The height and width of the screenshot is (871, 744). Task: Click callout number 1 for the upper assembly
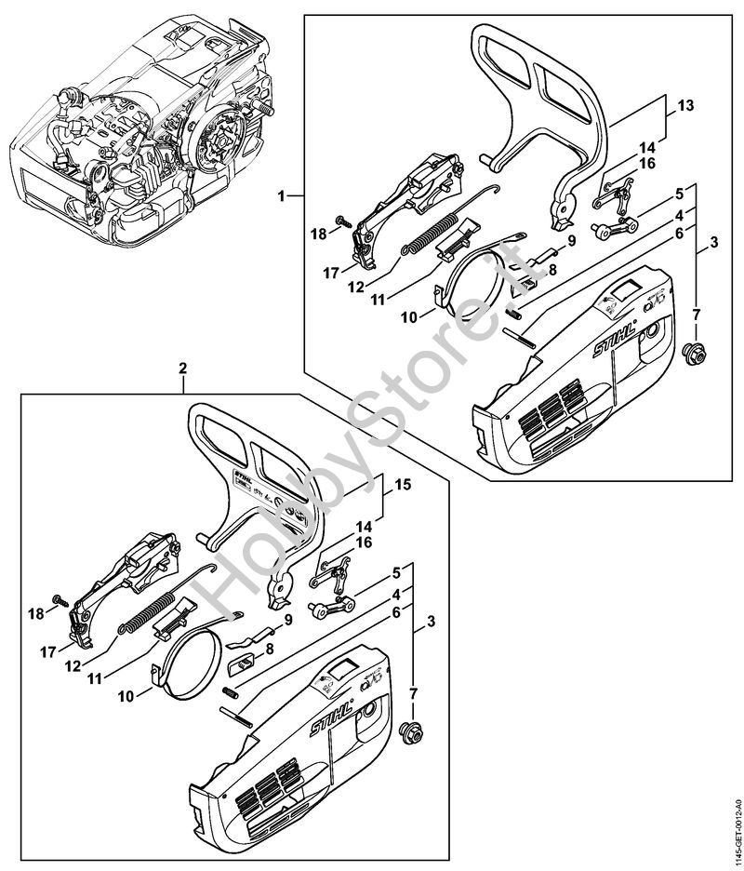pyautogui.click(x=281, y=195)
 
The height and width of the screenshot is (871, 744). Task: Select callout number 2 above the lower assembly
pyautogui.click(x=183, y=368)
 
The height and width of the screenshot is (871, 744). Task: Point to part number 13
pyautogui.click(x=685, y=106)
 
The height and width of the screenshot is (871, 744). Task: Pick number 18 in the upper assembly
pyautogui.click(x=319, y=234)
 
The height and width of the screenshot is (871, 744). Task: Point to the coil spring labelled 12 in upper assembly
pyautogui.click(x=429, y=236)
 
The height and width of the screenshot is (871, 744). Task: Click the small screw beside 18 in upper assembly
pyautogui.click(x=342, y=221)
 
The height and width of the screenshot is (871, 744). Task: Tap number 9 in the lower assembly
pyautogui.click(x=288, y=619)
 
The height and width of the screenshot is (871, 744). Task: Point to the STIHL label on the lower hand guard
pyautogui.click(x=244, y=482)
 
